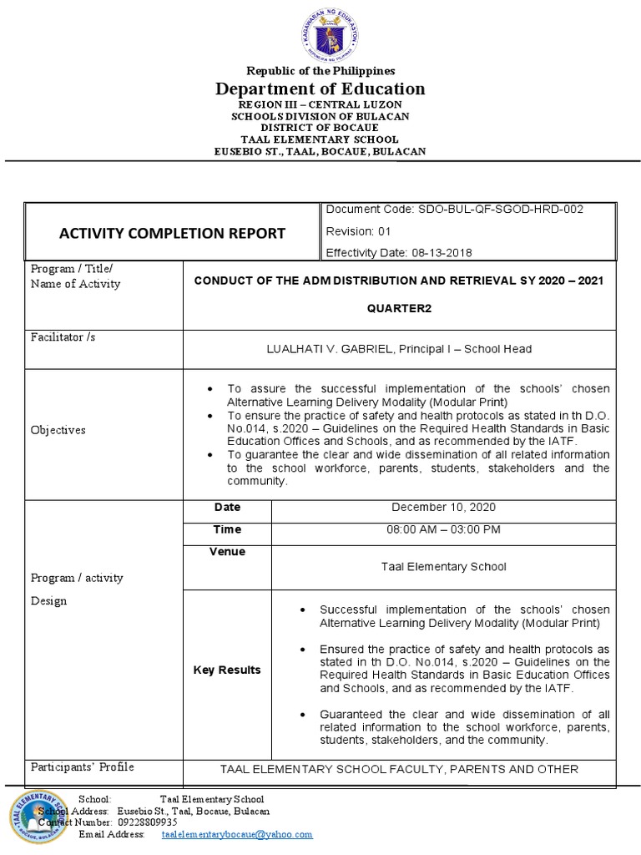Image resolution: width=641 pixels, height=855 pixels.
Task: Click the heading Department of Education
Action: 320,89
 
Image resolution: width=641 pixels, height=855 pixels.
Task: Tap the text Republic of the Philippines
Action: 320,72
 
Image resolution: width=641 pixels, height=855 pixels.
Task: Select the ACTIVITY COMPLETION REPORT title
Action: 172,234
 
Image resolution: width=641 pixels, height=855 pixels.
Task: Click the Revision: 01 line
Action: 358,231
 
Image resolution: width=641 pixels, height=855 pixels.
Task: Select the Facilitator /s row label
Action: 58,337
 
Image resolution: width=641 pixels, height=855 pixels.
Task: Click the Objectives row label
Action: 58,430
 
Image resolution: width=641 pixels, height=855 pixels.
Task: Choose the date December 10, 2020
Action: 443,508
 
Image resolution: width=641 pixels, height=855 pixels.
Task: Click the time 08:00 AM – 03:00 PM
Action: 443,529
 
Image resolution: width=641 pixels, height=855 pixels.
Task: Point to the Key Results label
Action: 227,670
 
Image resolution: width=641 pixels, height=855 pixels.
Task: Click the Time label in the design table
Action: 227,529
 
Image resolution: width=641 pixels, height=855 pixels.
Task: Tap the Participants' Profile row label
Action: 82,767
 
